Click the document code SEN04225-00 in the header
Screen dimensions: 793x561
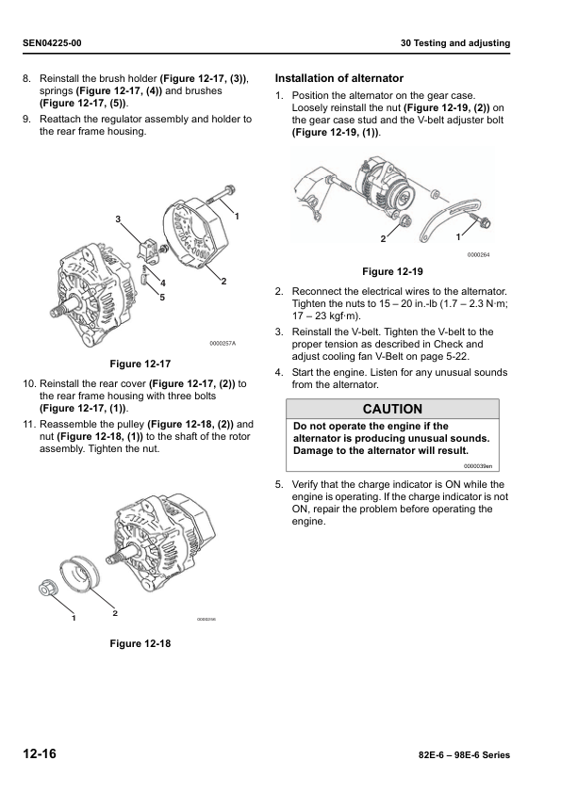[52, 43]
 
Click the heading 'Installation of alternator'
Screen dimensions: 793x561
[338, 78]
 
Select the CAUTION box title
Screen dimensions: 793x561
[392, 409]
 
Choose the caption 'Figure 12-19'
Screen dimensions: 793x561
[392, 272]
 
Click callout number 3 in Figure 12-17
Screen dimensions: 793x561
[118, 219]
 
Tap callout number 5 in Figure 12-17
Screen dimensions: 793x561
[162, 298]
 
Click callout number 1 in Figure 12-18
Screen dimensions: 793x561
[72, 619]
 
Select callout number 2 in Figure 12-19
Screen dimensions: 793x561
[383, 239]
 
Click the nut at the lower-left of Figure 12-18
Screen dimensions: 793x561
[47, 589]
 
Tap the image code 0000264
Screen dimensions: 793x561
[478, 255]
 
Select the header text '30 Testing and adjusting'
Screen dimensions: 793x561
[455, 43]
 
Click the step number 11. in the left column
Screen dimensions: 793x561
[29, 424]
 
